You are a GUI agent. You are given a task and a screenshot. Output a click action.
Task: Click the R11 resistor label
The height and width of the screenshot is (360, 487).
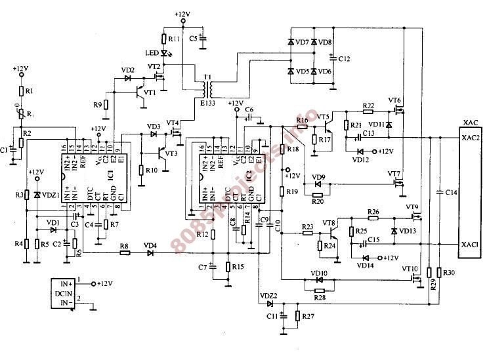click(173, 39)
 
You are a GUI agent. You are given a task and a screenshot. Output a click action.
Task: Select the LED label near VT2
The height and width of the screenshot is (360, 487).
click(150, 53)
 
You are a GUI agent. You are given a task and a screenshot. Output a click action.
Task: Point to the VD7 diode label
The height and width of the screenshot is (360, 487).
click(303, 43)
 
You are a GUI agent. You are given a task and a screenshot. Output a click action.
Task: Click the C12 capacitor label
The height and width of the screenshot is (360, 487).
click(345, 59)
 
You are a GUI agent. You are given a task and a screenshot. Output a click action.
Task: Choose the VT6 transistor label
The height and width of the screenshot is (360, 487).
click(394, 100)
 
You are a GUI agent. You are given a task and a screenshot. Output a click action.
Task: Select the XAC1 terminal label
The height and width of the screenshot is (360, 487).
click(469, 244)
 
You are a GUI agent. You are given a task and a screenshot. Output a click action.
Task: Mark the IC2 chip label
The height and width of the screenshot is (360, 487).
click(249, 174)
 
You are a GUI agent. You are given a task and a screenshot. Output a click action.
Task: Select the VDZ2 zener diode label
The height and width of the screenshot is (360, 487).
click(268, 296)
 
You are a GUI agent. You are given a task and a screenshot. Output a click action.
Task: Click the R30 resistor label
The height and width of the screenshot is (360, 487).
click(449, 272)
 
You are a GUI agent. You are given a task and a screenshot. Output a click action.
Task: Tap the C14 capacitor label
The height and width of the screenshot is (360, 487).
click(451, 193)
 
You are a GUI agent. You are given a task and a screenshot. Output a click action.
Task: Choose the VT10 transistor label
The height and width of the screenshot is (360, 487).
click(410, 269)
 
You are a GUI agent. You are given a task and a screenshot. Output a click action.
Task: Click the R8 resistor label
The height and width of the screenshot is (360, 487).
click(123, 246)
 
